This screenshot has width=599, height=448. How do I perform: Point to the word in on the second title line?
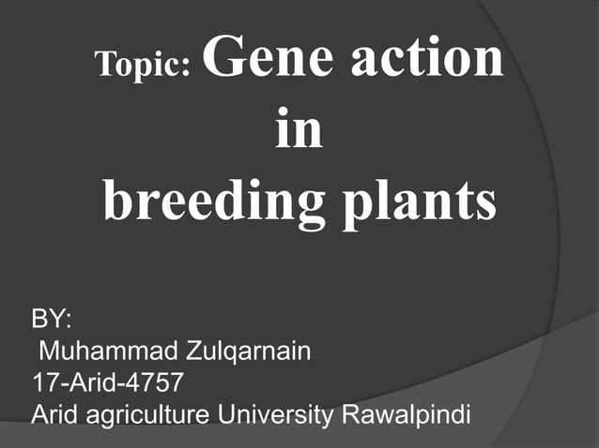(299, 130)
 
